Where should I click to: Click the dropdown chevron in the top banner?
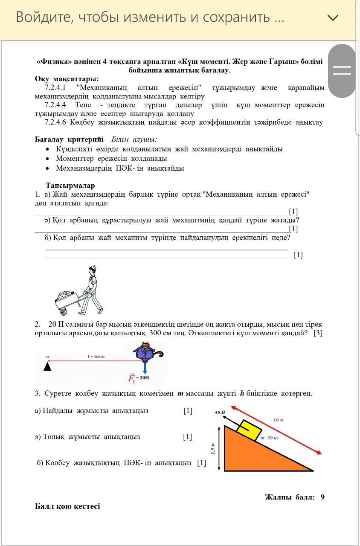[x=333, y=17]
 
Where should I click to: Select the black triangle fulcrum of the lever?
[x=47, y=366]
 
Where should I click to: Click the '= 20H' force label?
[x=144, y=378]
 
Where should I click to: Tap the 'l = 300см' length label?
[x=96, y=356]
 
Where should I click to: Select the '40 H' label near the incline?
[x=220, y=412]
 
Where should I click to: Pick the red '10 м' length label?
[x=278, y=420]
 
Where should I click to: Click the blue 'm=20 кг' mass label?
[x=269, y=438]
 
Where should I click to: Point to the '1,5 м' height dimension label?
[x=213, y=448]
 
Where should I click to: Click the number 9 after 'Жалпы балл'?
[x=322, y=497]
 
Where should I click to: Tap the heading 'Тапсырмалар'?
[x=70, y=186]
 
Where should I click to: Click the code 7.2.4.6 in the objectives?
[x=55, y=122]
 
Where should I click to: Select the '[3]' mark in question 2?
[x=318, y=333]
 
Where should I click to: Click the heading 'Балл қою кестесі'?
[x=67, y=506]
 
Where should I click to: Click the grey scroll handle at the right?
[x=342, y=70]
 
